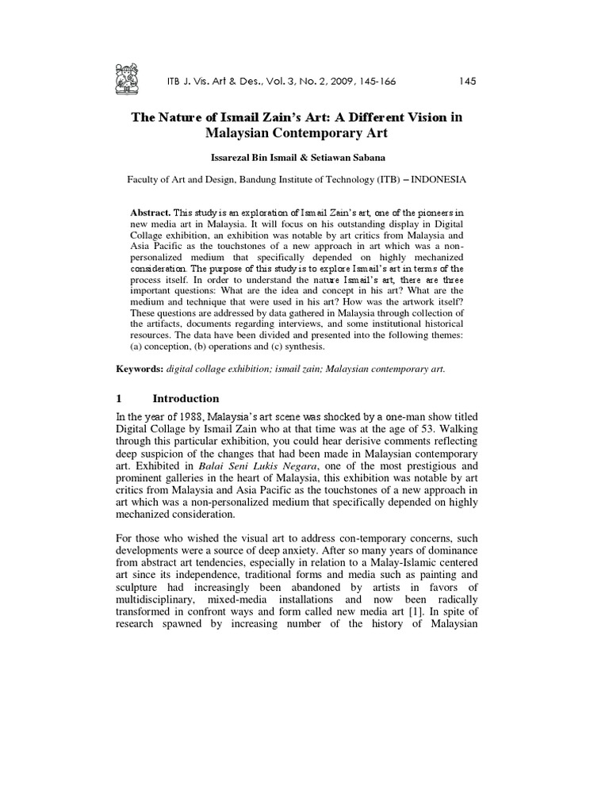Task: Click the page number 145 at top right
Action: point(467,81)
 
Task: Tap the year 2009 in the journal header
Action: point(337,81)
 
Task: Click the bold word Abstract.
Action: point(150,213)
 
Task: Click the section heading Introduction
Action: point(186,398)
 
